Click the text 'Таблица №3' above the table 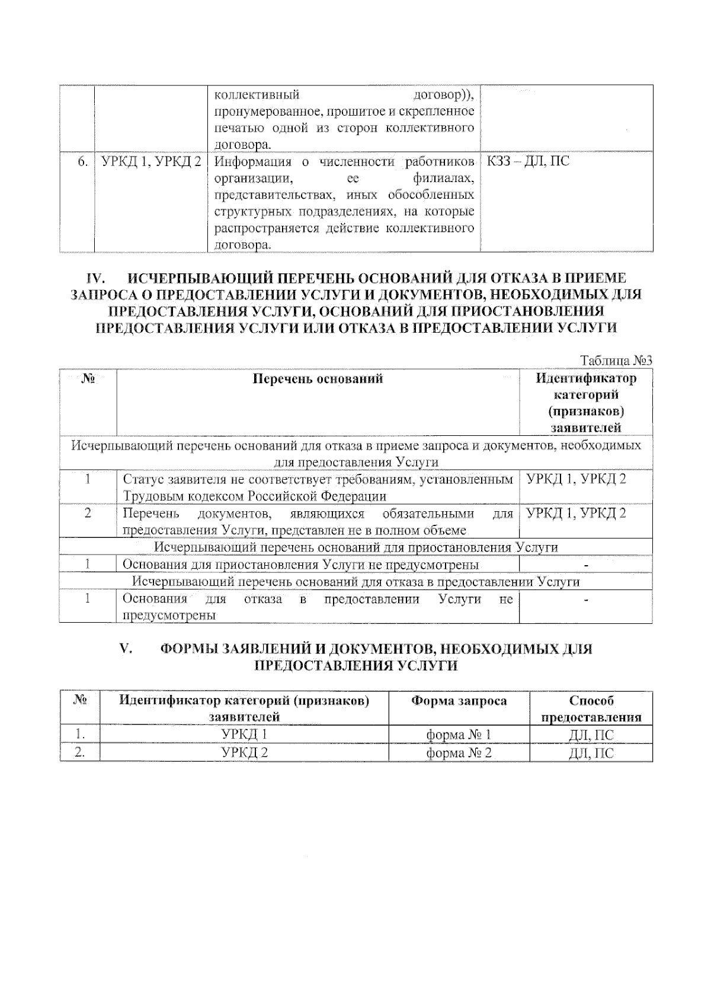[616, 361]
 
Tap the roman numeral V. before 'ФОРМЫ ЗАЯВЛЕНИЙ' [126, 649]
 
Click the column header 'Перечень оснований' [318, 378]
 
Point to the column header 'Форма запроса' [459, 700]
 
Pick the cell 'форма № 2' [459, 753]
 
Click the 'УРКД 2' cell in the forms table [244, 753]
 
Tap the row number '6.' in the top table [84, 161]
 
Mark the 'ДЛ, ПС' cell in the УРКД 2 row [591, 753]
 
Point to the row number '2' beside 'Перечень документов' [88, 514]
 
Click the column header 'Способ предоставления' [591, 709]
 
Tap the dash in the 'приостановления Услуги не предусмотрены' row [585, 565]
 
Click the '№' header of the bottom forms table [79, 700]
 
